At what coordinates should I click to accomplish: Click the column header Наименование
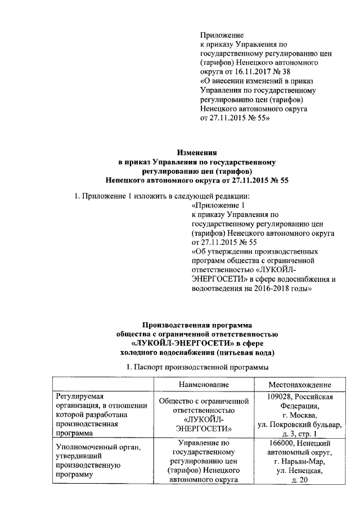(204, 384)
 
